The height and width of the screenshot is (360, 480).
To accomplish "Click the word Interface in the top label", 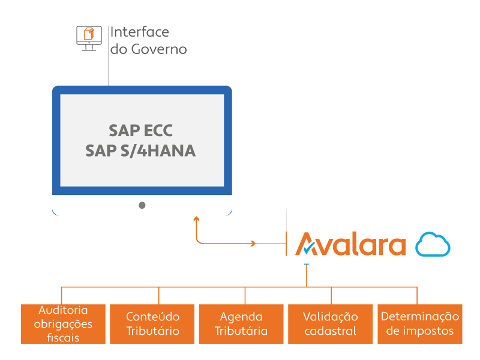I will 139,32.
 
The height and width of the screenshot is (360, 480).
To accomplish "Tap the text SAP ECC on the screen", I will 140,131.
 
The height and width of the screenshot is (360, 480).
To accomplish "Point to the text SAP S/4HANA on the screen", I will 140,151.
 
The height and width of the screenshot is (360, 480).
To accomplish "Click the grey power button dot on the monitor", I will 142,205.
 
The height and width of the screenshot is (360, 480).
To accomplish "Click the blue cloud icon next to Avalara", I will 433,244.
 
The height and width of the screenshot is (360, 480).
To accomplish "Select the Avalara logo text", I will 351,244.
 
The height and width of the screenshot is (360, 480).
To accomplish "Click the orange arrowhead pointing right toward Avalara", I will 253,244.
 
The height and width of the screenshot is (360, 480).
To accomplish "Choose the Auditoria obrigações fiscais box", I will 63,324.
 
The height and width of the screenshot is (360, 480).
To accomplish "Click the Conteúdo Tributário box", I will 152,324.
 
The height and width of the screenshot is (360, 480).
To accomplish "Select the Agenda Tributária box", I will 241,324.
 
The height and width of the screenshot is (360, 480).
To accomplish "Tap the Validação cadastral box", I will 330,324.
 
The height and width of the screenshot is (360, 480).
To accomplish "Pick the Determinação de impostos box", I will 419,324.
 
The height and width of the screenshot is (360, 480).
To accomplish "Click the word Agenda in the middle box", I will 241,316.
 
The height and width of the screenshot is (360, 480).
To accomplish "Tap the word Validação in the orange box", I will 330,316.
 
